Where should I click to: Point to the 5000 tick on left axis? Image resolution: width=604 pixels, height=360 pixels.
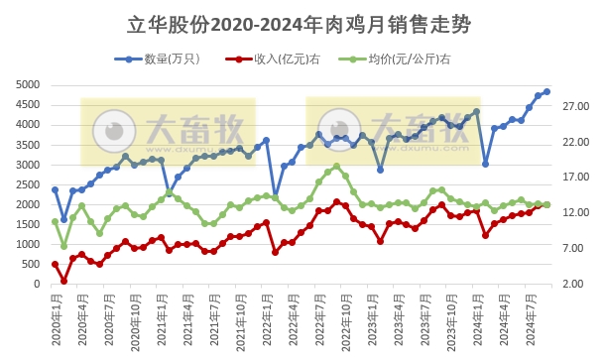click(x=29, y=85)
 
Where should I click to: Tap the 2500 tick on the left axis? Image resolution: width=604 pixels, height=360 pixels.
click(x=29, y=184)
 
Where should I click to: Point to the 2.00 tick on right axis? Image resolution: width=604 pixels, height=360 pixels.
click(x=574, y=285)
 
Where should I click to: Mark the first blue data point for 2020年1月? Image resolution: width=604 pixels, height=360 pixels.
click(x=55, y=189)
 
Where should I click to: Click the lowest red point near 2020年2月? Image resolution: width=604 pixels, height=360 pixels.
click(x=63, y=281)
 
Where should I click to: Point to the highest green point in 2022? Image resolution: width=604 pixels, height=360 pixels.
click(x=336, y=167)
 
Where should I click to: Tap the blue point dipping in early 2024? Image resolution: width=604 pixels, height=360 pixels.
click(x=485, y=164)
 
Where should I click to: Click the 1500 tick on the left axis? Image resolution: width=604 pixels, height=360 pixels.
click(x=29, y=224)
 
